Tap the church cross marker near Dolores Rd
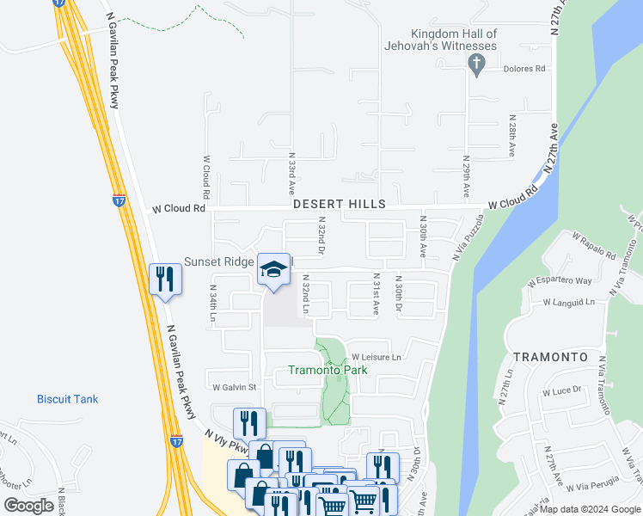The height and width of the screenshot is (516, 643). [475, 63]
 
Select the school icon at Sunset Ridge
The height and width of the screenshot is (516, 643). [273, 270]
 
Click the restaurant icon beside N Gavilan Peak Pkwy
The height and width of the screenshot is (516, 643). [164, 280]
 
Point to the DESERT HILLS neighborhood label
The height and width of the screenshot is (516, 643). [339, 205]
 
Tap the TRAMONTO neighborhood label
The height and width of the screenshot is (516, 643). [550, 356]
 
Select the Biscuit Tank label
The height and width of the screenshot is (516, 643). [67, 399]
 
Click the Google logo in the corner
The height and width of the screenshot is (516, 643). [28, 506]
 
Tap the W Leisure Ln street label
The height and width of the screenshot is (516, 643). [376, 357]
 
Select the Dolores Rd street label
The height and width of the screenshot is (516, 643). [524, 67]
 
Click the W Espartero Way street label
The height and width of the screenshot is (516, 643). [560, 281]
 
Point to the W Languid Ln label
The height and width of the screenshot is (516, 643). [568, 303]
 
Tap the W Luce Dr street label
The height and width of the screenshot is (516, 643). [562, 390]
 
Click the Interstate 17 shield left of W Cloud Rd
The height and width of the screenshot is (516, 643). [116, 200]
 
